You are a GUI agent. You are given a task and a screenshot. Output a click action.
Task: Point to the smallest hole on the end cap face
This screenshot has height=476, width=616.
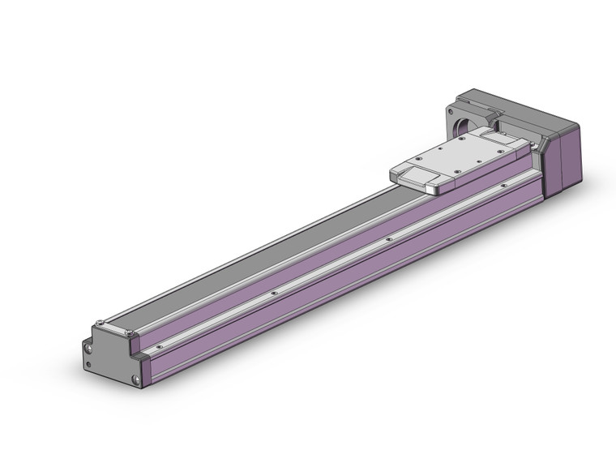(86, 354)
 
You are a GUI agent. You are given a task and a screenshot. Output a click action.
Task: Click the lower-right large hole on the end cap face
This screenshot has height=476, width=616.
(135, 379)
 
